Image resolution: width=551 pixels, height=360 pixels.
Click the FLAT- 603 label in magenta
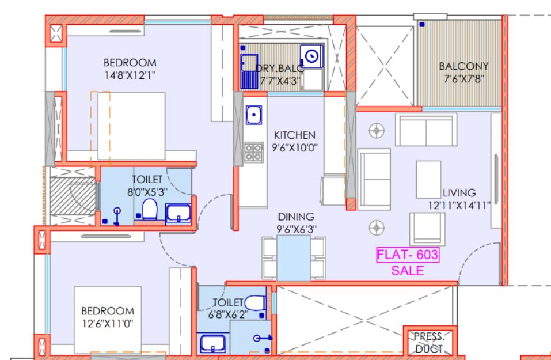pos(408,255)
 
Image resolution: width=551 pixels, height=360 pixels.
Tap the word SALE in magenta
pos(408,270)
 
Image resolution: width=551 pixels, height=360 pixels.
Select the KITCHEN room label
pos(294,135)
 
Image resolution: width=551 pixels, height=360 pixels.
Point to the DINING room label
pos(296,217)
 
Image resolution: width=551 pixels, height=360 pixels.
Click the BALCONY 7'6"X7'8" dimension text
pos(464,78)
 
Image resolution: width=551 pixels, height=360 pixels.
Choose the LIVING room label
pos(459,192)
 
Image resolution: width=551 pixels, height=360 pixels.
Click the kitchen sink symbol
pos(254,115)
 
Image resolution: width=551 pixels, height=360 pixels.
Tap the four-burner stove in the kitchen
pos(254,152)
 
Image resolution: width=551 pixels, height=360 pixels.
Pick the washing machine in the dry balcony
pos(311,56)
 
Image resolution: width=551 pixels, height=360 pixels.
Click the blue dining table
pos(294,257)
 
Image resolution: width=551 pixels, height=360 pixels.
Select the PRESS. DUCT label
pos(429,343)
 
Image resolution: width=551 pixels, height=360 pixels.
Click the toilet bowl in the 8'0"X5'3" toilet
pos(150,209)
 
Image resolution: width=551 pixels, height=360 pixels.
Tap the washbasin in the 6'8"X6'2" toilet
pos(213,343)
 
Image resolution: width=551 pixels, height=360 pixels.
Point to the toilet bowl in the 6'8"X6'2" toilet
pos(255,303)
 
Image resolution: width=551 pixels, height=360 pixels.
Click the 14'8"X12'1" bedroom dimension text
pos(130,75)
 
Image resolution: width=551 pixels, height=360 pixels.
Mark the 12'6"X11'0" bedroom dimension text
pos(108,324)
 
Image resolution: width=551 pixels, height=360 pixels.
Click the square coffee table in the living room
pos(428,180)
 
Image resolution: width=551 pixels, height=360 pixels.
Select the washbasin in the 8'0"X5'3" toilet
pos(178,214)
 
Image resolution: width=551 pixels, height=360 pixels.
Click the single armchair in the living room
pos(427,229)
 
